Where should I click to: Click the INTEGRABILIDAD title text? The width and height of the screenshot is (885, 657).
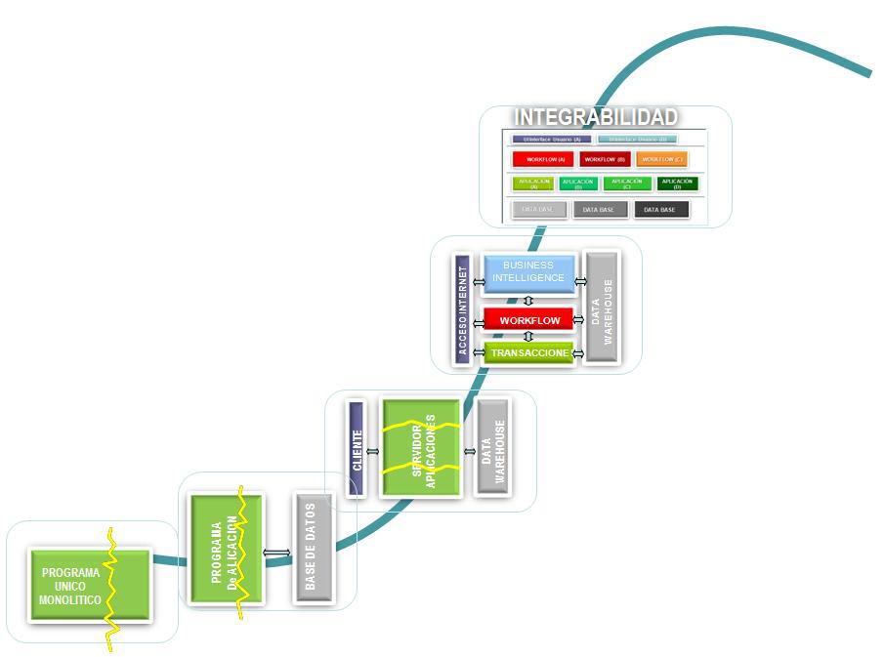click(x=596, y=117)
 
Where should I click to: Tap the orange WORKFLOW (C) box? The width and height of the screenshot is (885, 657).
click(x=662, y=159)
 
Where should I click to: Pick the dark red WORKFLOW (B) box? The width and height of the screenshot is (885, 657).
click(x=605, y=159)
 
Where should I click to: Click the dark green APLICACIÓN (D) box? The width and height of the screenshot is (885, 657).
click(x=677, y=184)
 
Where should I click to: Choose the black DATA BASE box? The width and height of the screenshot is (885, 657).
click(x=660, y=210)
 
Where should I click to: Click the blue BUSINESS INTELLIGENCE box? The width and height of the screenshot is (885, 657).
click(x=528, y=272)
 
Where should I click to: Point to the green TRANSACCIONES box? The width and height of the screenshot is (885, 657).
click(x=528, y=352)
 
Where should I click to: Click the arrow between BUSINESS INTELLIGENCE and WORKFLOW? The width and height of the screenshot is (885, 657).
click(x=528, y=301)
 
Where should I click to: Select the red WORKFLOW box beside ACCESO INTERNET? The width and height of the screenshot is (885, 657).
click(x=528, y=320)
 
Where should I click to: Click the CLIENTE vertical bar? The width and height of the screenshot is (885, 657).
click(x=357, y=449)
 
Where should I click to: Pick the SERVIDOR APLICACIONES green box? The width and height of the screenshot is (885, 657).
click(x=421, y=448)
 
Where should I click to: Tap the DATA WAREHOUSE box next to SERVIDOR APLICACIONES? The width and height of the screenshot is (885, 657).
click(x=493, y=448)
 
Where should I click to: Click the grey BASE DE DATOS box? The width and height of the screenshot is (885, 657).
click(x=311, y=548)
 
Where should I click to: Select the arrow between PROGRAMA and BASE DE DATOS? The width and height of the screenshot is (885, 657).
click(x=277, y=553)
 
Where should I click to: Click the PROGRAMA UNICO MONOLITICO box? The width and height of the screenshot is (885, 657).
click(x=90, y=586)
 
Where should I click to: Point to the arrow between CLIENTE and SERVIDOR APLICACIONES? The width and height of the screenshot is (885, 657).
click(x=373, y=452)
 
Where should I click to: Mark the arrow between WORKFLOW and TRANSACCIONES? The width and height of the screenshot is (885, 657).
click(x=528, y=337)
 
